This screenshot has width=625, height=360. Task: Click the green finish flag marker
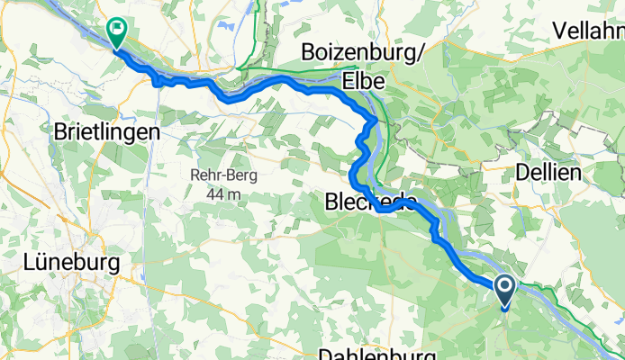click(x=117, y=31)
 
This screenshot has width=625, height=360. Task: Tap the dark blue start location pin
click(x=503, y=290)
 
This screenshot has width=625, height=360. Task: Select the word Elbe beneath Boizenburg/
click(x=363, y=81)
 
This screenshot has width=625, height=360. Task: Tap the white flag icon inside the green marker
click(x=117, y=29)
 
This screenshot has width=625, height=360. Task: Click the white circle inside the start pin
click(x=503, y=287)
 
